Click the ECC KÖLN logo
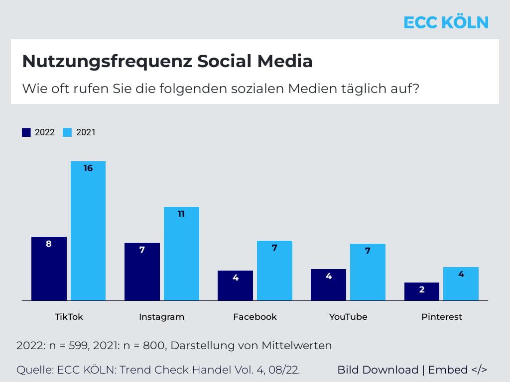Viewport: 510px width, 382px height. (x=446, y=22)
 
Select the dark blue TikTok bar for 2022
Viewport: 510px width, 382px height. (x=49, y=269)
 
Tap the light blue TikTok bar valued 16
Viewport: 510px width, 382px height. (x=88, y=231)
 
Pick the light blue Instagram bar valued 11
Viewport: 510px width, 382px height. (x=181, y=254)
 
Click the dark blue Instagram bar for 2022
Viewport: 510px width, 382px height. (x=142, y=272)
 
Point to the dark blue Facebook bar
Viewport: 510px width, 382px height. (x=235, y=286)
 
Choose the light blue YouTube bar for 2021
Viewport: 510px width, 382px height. (x=368, y=272)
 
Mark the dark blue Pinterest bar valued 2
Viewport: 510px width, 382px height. (x=422, y=291)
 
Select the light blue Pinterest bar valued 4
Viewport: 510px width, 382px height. (x=461, y=284)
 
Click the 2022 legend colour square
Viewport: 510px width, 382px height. (x=26, y=132)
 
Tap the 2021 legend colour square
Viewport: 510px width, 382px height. (x=67, y=132)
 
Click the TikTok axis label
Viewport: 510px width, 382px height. (x=69, y=317)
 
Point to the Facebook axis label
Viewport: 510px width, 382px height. (x=255, y=317)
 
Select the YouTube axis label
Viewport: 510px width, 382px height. (x=348, y=317)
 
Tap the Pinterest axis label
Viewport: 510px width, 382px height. (x=442, y=317)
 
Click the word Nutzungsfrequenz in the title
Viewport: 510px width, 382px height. (x=108, y=61)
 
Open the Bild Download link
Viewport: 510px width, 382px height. (x=378, y=370)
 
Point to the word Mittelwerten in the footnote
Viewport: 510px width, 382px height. (x=297, y=345)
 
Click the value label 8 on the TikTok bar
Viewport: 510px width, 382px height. (x=49, y=244)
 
